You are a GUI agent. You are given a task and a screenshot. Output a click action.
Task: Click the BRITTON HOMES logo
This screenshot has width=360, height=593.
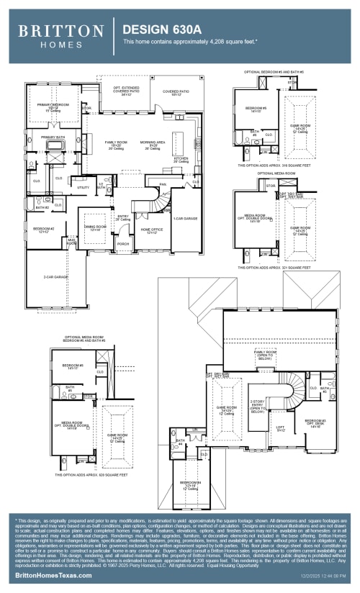pyautogui.click(x=60, y=35)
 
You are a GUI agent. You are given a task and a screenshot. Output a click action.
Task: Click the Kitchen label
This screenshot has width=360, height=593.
pyautogui.click(x=182, y=158)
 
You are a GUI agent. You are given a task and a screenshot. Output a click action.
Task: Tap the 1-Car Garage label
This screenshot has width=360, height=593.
pyautogui.click(x=186, y=218)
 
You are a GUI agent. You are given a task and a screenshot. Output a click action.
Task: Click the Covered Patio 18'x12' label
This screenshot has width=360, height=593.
pyautogui.click(x=176, y=93)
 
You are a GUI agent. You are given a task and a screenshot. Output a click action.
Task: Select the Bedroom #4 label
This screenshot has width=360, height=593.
pyautogui.click(x=189, y=483)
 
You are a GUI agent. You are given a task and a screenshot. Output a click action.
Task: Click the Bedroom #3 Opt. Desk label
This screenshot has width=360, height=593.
pyautogui.click(x=315, y=422)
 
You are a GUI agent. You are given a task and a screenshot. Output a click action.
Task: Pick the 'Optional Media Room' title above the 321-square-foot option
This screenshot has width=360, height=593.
pyautogui.click(x=276, y=173)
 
